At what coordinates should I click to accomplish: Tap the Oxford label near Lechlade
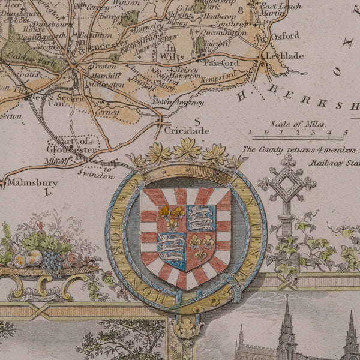coord(284,36)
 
